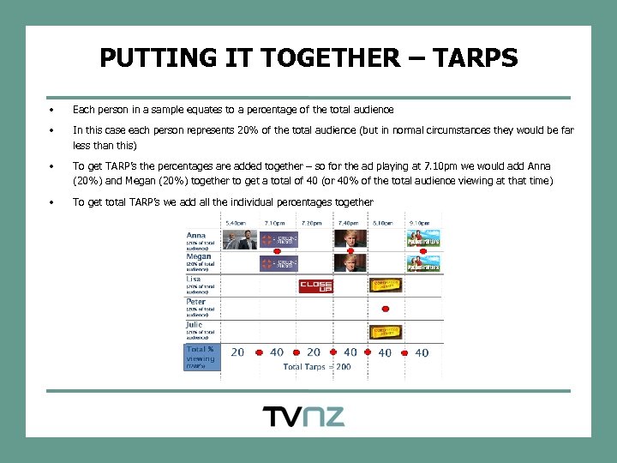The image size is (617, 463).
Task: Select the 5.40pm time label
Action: coord(237,223)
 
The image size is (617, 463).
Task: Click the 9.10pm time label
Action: coord(421,223)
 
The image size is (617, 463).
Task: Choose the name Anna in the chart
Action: coord(197,235)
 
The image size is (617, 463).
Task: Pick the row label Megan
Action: coord(200,256)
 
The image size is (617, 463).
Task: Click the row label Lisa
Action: coord(195,279)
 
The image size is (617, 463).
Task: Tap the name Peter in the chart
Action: coord(197,302)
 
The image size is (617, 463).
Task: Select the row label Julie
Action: coord(195,325)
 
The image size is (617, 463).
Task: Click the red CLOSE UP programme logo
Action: coord(314,286)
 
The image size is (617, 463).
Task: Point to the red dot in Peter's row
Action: coord(386,308)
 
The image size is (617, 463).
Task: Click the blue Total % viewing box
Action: coord(202,357)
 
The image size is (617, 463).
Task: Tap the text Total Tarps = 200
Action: coord(317,366)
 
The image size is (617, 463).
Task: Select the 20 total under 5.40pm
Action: coord(237,352)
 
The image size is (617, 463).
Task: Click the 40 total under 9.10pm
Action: coord(422,352)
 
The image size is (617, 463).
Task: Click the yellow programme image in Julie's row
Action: coord(386,331)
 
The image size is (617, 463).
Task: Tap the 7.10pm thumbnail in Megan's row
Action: coord(278,262)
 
